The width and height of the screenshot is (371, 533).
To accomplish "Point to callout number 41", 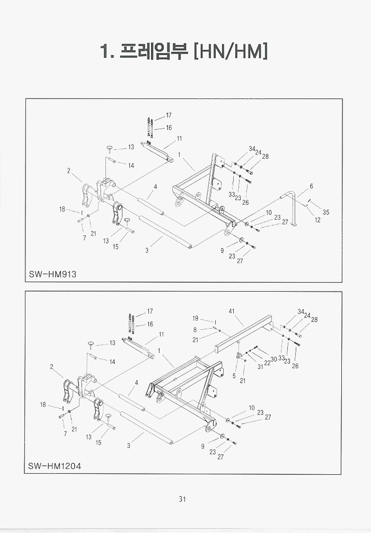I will coord(232,312).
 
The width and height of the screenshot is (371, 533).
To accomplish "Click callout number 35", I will coord(326,212).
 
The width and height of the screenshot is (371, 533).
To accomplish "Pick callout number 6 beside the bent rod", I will coord(311,186).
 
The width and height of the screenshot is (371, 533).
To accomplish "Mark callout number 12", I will coord(317,220).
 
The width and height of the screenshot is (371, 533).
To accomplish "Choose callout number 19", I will coord(195,319).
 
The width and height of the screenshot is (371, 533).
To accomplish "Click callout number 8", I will coord(195,330).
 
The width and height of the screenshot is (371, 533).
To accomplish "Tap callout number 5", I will coord(234,376).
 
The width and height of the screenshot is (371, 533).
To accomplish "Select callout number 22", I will coord(267,363).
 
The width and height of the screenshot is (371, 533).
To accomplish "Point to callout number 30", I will coord(273,359).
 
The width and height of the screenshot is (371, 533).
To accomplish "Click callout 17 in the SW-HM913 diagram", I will coord(169,115).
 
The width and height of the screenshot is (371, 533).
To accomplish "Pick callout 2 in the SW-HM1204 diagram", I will coord(52,367).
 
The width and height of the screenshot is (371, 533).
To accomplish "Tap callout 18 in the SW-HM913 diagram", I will coord(62,210).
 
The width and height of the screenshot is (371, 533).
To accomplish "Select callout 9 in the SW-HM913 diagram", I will coord(222,251).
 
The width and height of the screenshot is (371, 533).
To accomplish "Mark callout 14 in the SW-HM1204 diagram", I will coord(112,362).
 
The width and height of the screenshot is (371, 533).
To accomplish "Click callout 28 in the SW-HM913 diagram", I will coord(265,157).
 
